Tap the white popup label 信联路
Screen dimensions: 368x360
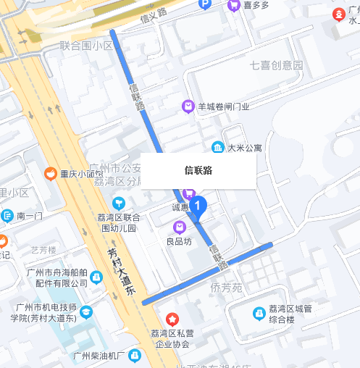tap(198, 171)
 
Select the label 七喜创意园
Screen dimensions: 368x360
tap(275, 65)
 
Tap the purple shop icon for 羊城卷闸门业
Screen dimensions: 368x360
tap(188, 106)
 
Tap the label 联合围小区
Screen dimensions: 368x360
tap(87, 46)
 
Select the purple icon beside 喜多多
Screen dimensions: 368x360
tap(234, 5)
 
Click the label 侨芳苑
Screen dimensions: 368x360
tap(226, 288)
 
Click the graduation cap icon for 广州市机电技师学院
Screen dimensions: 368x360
tap(86, 312)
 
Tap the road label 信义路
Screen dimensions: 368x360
tap(154, 12)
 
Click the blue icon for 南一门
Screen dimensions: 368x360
tap(7, 216)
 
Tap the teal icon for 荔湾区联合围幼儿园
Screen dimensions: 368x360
tap(118, 202)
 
